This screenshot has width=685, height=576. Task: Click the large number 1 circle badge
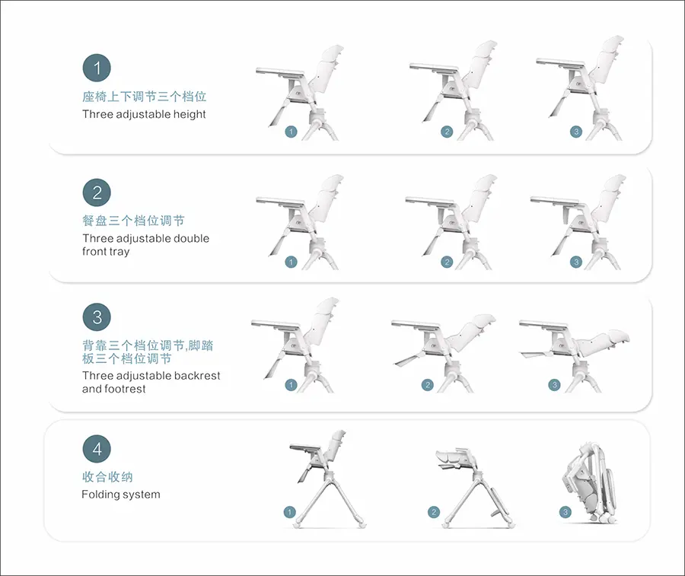[x=97, y=68]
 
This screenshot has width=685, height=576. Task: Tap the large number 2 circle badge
[x=97, y=193]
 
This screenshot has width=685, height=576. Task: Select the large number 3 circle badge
[x=97, y=317]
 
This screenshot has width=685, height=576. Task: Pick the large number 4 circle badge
[x=97, y=449]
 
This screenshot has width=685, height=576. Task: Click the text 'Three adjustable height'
[x=144, y=114]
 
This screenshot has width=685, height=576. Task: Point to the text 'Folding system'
[x=121, y=495]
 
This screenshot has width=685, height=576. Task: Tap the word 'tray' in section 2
[x=119, y=252]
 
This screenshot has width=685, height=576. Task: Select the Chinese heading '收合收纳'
[x=107, y=477]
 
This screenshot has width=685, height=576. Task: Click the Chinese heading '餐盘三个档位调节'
[x=133, y=221]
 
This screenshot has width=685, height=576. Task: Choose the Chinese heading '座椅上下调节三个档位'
[x=144, y=96]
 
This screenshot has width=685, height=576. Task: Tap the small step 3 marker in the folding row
[x=566, y=512]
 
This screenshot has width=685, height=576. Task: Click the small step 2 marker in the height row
[x=447, y=132]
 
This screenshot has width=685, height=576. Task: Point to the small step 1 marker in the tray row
[x=291, y=262]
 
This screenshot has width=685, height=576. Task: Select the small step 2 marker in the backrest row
[x=427, y=385]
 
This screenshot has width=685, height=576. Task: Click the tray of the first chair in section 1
[x=280, y=72]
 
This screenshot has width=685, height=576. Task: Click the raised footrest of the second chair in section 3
[x=409, y=359]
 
